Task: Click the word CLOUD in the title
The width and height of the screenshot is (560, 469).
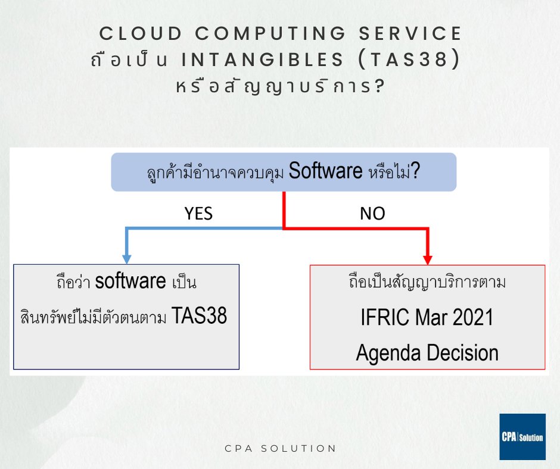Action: click(141, 33)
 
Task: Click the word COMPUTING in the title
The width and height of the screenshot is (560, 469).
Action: click(270, 33)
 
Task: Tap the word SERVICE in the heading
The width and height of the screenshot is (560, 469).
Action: click(410, 33)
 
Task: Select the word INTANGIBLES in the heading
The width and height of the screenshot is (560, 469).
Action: click(263, 60)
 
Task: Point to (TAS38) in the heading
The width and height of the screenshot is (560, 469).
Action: click(409, 60)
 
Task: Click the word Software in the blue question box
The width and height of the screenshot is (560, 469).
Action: click(325, 171)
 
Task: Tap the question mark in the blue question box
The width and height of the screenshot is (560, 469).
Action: click(415, 170)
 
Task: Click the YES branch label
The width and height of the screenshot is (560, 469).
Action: click(198, 214)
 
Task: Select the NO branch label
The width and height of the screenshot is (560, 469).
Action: click(372, 214)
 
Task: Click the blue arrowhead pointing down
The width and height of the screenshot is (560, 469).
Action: click(127, 259)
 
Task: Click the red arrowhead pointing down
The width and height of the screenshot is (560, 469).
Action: click(428, 260)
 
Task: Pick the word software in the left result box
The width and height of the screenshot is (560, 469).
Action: click(130, 281)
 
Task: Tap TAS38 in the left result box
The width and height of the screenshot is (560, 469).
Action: click(200, 315)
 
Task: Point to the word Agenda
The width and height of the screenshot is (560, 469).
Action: click(388, 354)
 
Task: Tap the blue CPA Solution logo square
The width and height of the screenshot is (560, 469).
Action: click(522, 436)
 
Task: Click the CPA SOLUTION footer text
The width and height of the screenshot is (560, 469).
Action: click(281, 449)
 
